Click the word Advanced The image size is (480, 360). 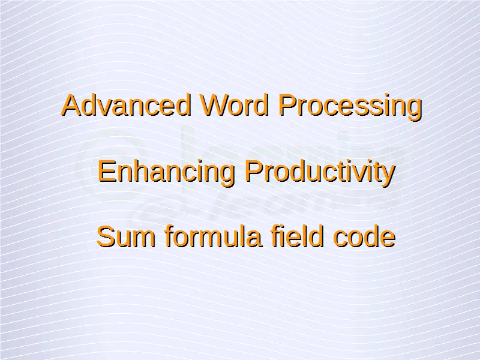pos(127,105)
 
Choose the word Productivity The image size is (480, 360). pos(320,173)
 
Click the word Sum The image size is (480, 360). pos(126,236)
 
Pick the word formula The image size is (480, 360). pos(214,236)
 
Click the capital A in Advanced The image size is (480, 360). pos(73,105)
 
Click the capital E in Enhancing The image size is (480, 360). pos(107,171)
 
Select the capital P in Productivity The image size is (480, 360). pos(254,171)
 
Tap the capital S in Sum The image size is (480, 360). pos(106,236)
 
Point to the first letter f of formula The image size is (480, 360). pos(169,236)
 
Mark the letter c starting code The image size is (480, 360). pos(340,239)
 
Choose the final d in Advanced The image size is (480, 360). pos(184,106)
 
